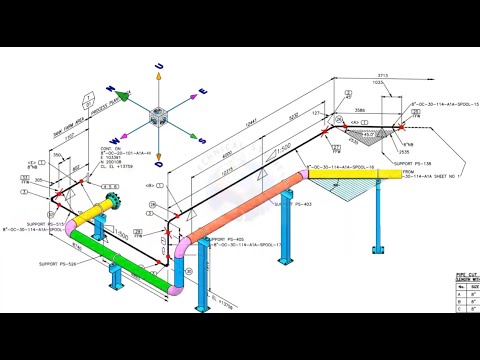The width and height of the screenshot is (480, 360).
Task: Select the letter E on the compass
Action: tap(204, 90)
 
